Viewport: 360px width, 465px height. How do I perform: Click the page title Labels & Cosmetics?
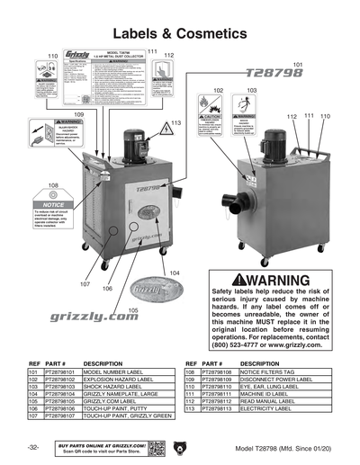(x=179, y=33)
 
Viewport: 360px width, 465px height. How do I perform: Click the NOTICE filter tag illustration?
(x=55, y=217)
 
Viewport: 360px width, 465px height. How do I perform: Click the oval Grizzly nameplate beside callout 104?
(x=143, y=292)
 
